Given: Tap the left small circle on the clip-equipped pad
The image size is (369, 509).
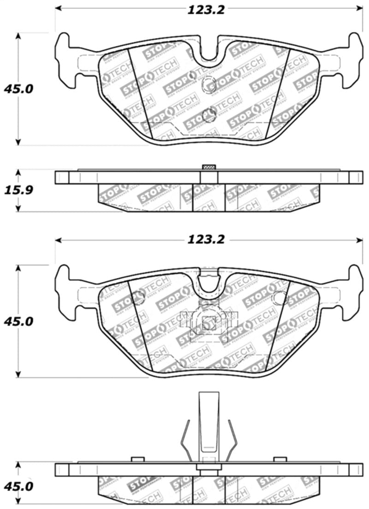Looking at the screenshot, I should point(140,298).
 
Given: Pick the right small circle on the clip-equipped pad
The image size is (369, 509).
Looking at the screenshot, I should point(278,298).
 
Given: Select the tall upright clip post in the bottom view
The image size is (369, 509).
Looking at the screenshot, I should point(208,425).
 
